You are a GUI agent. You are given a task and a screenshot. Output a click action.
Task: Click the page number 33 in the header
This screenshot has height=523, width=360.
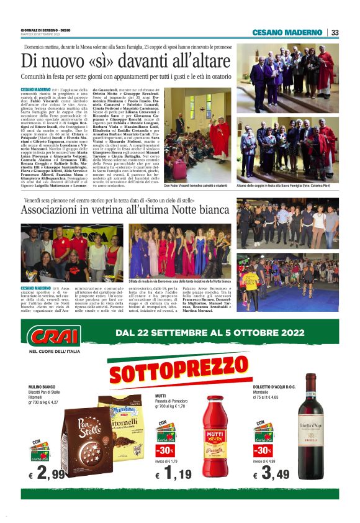pos(335,32)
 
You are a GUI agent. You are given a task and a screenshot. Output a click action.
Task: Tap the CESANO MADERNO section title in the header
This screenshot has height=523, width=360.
pos(288,32)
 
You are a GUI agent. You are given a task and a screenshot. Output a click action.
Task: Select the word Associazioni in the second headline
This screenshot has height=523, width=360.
pos(59,210)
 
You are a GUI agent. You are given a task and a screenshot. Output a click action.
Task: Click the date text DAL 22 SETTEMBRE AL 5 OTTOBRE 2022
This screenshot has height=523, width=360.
pos(217,332)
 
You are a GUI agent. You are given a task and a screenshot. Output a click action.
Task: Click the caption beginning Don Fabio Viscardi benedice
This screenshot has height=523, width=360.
pos(197,186)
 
